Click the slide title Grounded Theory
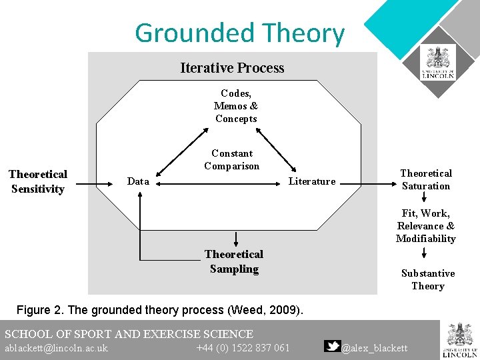point(239,33)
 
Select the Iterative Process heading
point(232,68)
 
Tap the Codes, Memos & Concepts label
point(236,106)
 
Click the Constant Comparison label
point(231,160)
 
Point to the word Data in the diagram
point(138,181)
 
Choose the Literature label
point(311,181)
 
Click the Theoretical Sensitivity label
point(38,181)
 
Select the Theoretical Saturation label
point(425,180)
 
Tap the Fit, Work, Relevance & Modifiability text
point(425,226)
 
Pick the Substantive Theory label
point(427,279)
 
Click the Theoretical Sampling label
point(233,261)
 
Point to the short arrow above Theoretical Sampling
point(236,239)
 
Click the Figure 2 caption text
point(159,310)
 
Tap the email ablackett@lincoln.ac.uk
point(56,348)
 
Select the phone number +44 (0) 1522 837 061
point(243,348)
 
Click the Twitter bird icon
point(332,346)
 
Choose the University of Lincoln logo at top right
point(438,63)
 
